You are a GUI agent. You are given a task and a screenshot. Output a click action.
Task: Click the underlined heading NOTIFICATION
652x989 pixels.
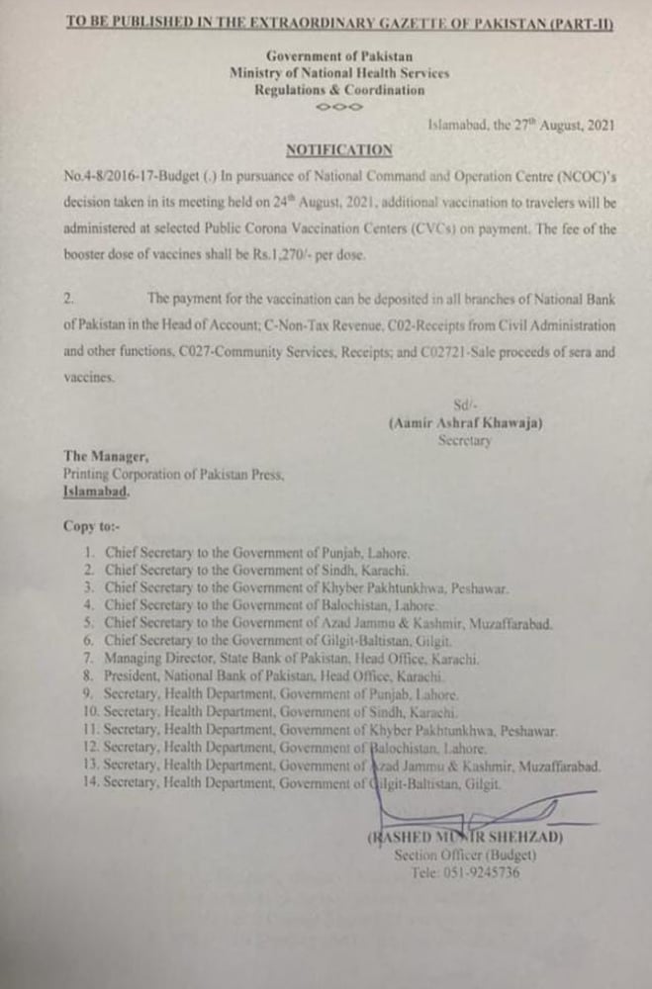click(338, 149)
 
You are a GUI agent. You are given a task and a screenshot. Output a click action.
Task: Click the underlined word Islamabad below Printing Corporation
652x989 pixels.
click(96, 491)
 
